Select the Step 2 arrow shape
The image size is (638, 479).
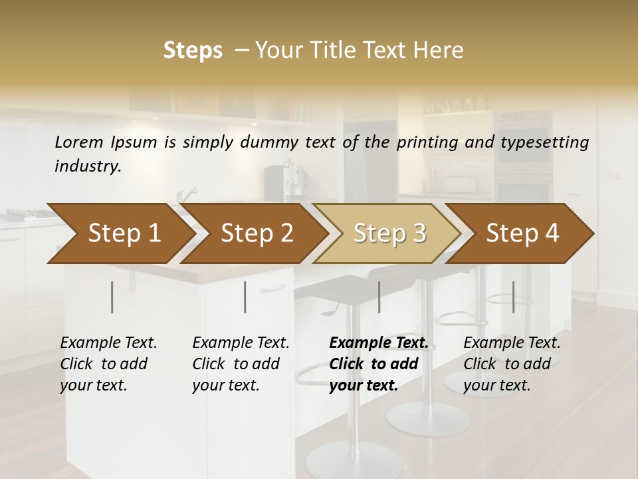[257, 234]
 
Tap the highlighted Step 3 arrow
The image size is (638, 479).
[389, 234]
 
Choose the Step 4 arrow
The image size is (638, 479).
[522, 234]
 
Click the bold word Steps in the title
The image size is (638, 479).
[193, 51]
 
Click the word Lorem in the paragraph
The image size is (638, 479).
[79, 142]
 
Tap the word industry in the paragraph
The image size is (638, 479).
[88, 166]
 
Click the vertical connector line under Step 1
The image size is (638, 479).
[112, 297]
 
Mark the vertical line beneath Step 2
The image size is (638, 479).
[245, 297]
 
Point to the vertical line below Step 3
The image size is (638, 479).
[379, 297]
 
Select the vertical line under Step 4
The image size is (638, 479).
[513, 297]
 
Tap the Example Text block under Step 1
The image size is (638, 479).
[108, 364]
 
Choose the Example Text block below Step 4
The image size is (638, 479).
[512, 364]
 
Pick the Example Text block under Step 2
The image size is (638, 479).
[241, 364]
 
